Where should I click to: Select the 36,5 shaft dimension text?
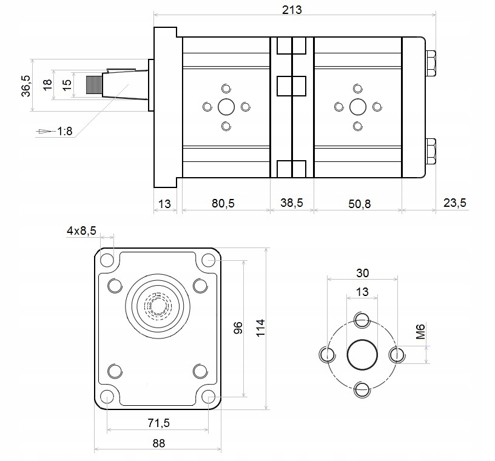(25, 86)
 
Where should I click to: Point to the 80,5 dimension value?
(223, 203)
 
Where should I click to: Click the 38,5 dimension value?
(292, 203)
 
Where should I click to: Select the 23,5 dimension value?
(454, 203)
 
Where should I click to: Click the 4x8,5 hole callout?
(82, 231)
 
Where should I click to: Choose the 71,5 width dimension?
(158, 421)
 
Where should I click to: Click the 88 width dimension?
(158, 443)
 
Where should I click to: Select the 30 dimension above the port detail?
(363, 272)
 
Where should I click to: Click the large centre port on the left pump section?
(226, 107)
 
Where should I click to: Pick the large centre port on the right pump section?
(358, 107)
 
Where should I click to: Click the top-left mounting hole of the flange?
(107, 261)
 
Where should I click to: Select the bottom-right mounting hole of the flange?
(209, 397)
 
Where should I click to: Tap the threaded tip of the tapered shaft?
(93, 86)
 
